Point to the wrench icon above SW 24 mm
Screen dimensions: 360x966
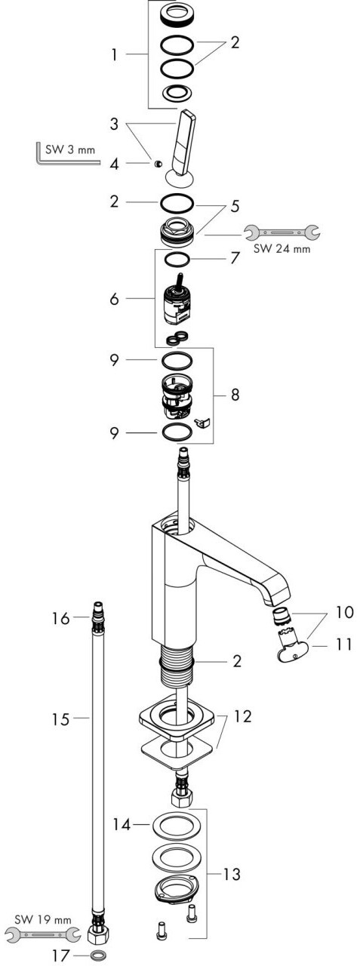(x=282, y=233)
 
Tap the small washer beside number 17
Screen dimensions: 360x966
(x=99, y=955)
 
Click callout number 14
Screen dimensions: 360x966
(x=122, y=825)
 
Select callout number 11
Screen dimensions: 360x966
(x=343, y=645)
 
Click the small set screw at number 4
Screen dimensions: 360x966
(x=158, y=163)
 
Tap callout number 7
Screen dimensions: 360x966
(x=235, y=258)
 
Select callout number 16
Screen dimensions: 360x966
(x=61, y=618)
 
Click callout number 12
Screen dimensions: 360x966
(x=243, y=716)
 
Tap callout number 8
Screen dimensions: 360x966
(x=235, y=395)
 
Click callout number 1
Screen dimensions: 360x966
(x=114, y=55)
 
